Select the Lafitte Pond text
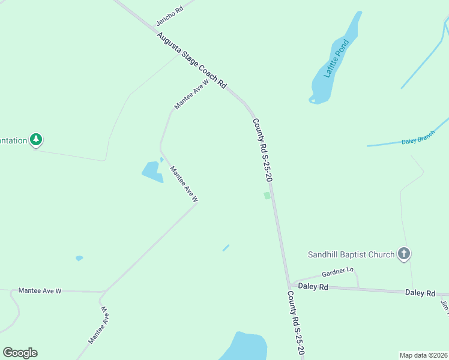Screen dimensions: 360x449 click(336, 59)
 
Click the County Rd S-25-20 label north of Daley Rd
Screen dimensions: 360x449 click(263, 150)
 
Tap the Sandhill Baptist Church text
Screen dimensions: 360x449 click(351, 254)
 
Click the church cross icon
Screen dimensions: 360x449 click(404, 254)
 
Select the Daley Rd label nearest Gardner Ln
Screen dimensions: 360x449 click(315, 287)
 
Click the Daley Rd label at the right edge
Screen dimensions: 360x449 click(420, 293)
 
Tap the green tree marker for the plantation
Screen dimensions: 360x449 click(37, 140)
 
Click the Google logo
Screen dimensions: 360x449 click(20, 353)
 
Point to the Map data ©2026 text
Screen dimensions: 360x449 click(423, 355)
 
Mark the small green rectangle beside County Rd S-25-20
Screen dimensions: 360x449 click(267, 196)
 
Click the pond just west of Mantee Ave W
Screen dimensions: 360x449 click(152, 172)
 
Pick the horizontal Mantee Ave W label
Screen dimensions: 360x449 click(40, 291)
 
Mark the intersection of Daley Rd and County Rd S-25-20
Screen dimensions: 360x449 click(289, 286)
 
